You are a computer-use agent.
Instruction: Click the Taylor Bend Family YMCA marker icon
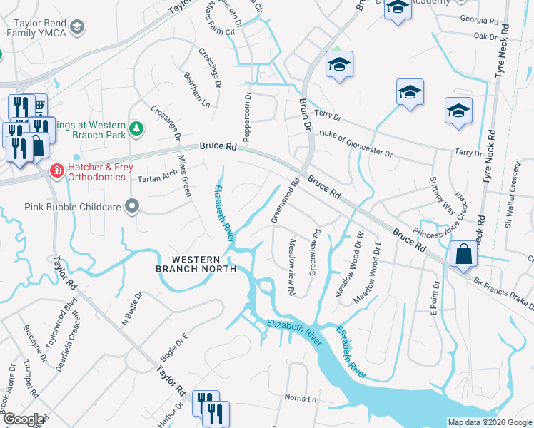[x=76, y=27]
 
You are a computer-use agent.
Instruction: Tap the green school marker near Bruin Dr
[x=339, y=66]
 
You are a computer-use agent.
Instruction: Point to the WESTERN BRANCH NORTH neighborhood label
[x=196, y=263]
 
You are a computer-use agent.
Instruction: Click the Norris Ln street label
[x=300, y=399]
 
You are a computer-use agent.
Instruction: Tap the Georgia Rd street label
[x=478, y=21]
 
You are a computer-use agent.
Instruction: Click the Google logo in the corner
[x=24, y=419]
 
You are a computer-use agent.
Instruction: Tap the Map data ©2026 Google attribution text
[x=489, y=422]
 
